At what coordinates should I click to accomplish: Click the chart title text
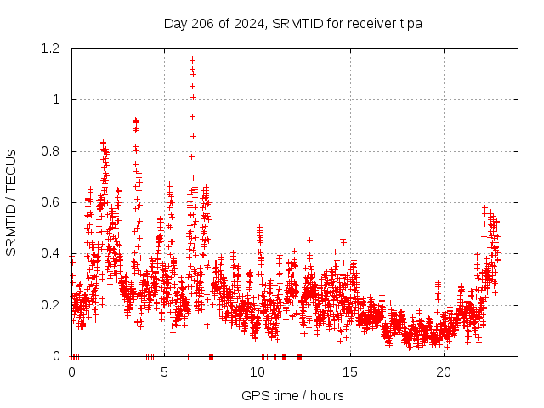(293, 23)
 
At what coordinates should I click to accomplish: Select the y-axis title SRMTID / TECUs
(11, 202)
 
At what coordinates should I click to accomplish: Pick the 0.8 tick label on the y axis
(53, 151)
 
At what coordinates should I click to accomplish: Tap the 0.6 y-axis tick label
(53, 202)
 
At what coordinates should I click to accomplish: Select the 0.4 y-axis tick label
(53, 253)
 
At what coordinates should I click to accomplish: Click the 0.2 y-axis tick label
(53, 305)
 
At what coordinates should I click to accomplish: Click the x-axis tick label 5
(164, 372)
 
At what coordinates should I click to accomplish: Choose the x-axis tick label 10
(258, 372)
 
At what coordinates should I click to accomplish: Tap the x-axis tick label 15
(351, 372)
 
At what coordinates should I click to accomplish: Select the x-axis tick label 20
(444, 372)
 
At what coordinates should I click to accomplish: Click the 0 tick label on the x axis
(71, 372)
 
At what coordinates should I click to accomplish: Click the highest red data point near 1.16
(192, 59)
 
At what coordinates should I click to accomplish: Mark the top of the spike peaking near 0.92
(135, 121)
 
